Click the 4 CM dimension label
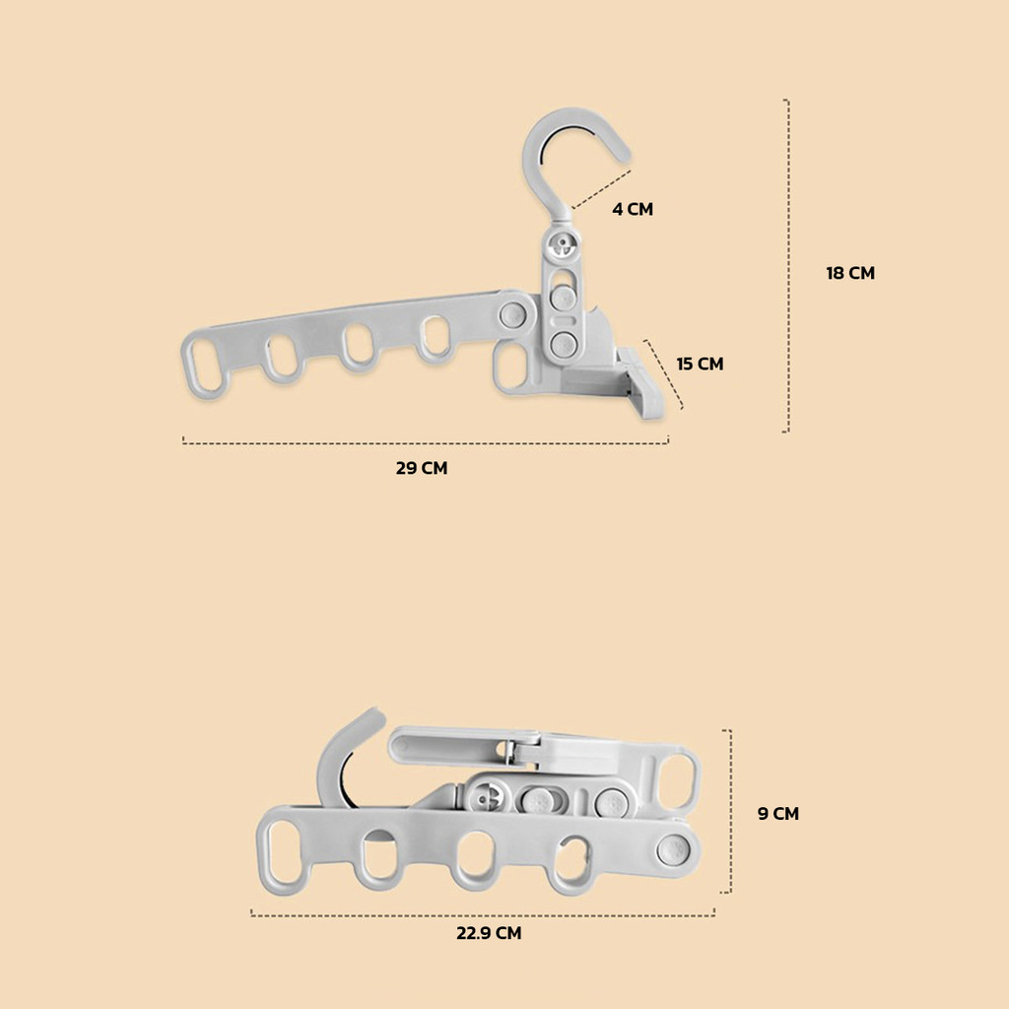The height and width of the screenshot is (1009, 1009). pos(633,209)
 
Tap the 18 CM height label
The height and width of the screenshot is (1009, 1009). pos(850,273)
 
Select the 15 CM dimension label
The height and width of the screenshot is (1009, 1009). pos(700,364)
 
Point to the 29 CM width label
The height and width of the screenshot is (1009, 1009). pos(422,468)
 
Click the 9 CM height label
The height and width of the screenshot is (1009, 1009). pos(778,813)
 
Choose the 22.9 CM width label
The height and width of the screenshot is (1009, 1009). pos(489,933)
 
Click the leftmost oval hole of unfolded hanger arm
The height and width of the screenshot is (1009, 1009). pos(205,364)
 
